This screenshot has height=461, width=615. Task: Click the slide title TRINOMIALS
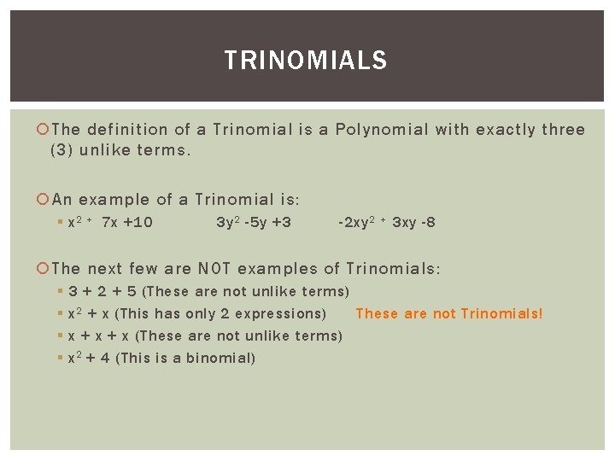click(306, 61)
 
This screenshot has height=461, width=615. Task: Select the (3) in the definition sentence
click(63, 150)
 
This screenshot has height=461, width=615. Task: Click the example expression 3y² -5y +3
click(254, 223)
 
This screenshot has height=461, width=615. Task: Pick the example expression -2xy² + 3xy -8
click(387, 223)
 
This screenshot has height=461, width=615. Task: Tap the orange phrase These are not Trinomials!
click(448, 313)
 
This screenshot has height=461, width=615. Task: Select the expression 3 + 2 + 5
click(102, 291)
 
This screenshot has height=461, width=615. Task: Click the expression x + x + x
click(98, 336)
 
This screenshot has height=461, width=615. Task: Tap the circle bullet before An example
click(44, 200)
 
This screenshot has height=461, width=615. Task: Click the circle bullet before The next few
click(44, 268)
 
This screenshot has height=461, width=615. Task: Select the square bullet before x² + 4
click(61, 358)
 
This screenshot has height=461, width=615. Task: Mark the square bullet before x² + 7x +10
click(61, 224)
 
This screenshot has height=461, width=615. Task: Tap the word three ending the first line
click(564, 130)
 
